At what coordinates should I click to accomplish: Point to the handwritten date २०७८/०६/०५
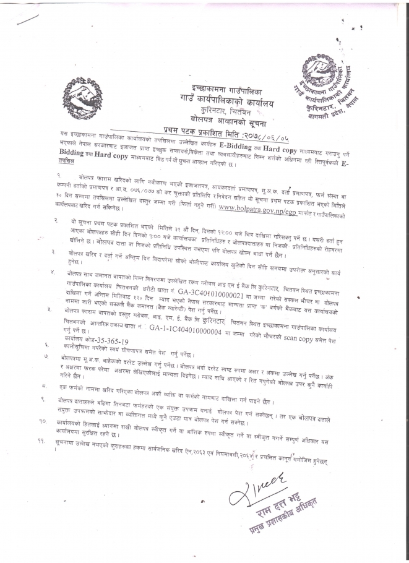point(272,131)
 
